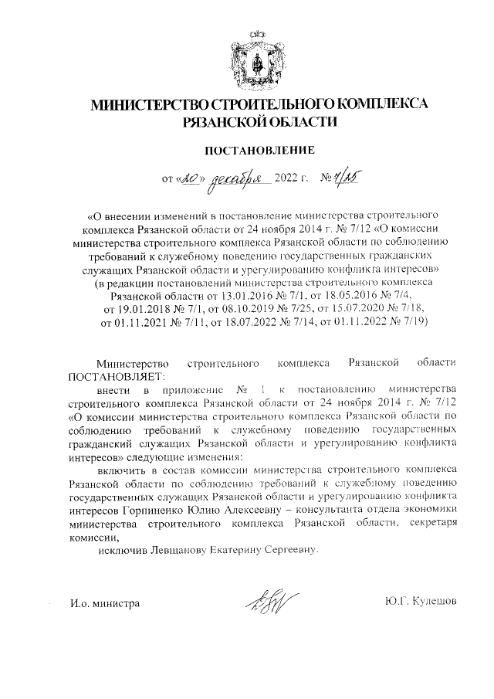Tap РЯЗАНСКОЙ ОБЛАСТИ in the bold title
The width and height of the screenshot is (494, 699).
259,121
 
